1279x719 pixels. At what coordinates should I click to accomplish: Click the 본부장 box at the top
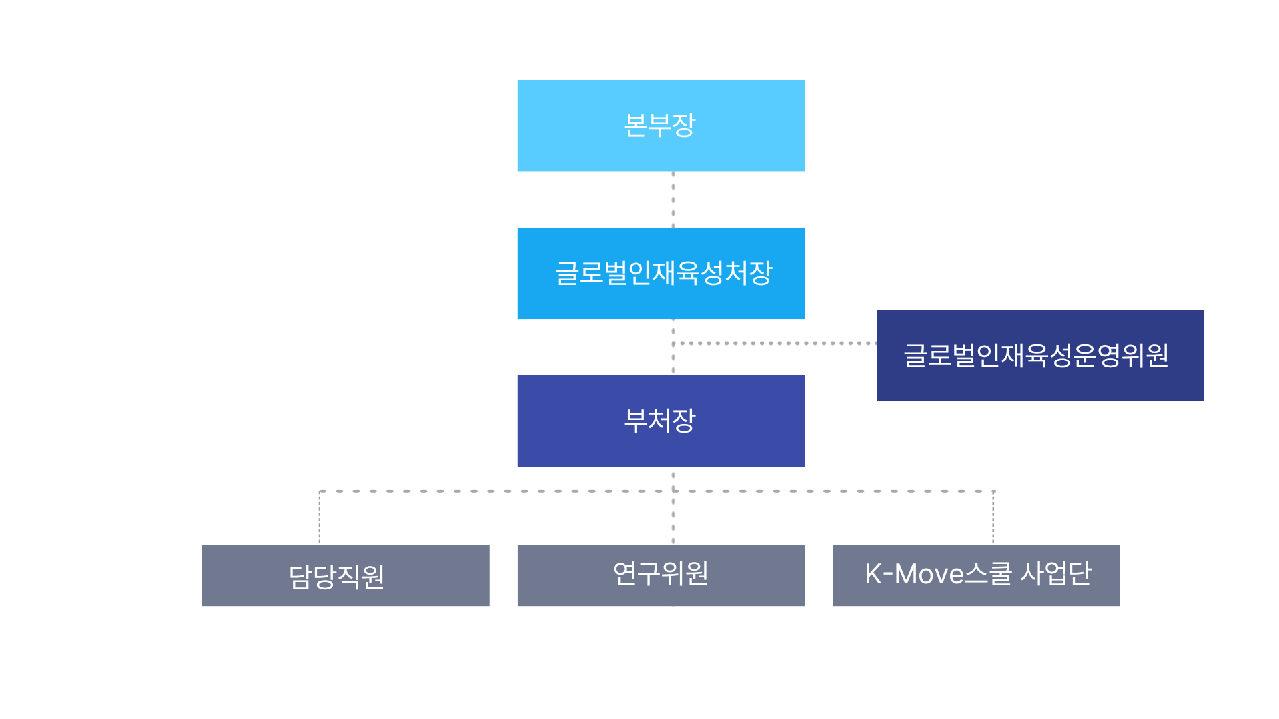coord(661,125)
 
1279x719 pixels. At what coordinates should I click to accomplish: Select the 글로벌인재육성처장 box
coord(661,273)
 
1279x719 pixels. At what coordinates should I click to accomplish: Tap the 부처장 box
coord(661,421)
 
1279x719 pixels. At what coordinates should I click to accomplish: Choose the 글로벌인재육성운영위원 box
coord(1040,355)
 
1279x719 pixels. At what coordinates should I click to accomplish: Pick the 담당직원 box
coord(345,575)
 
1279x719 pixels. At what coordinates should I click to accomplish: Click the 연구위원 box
coord(661,575)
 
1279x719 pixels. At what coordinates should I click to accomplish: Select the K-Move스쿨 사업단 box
coord(976,575)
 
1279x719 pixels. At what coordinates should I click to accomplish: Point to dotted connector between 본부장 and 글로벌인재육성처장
coord(673,200)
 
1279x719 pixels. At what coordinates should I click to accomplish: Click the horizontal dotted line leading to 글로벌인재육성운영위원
coord(776,343)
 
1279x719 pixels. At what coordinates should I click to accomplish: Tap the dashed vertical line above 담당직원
coord(320,518)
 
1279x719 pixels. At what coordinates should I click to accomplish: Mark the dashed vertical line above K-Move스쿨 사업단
coord(993,518)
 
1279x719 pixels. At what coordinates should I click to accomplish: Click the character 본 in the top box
coord(635,125)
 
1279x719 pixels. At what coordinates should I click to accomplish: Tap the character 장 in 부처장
coord(684,421)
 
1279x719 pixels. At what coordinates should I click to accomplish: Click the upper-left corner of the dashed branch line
coord(320,491)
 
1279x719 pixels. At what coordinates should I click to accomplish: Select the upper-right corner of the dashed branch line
coord(993,491)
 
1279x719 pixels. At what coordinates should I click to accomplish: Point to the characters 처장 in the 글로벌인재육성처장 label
coord(749,273)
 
